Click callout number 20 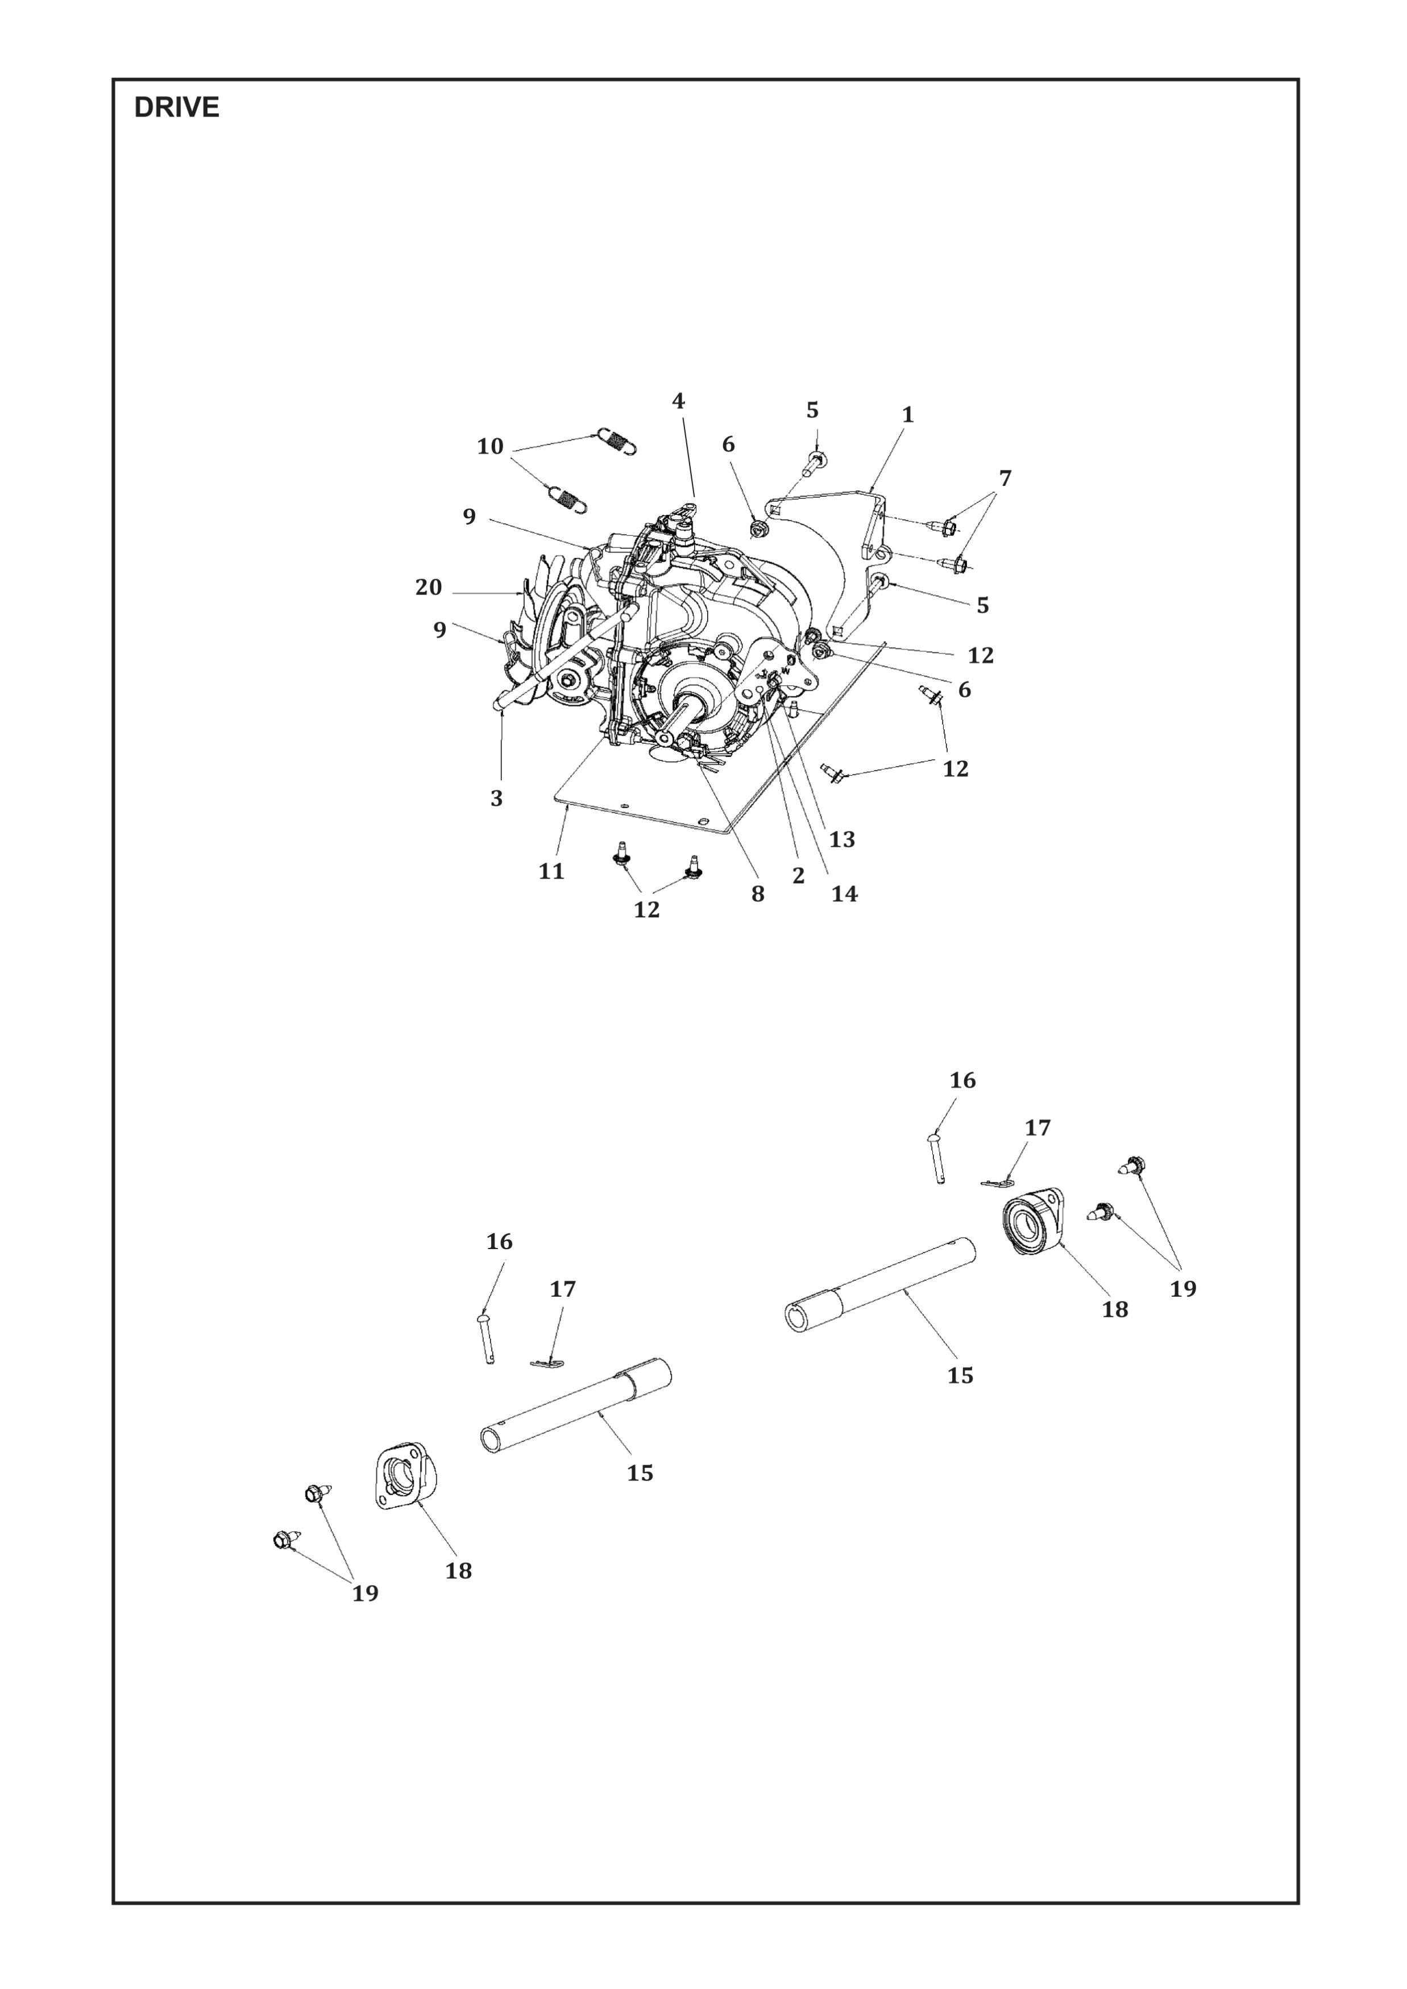[x=428, y=588]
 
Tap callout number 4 [x=678, y=401]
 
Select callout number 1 [x=907, y=415]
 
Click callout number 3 [x=496, y=798]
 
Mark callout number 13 [x=841, y=839]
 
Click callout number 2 [x=798, y=875]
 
